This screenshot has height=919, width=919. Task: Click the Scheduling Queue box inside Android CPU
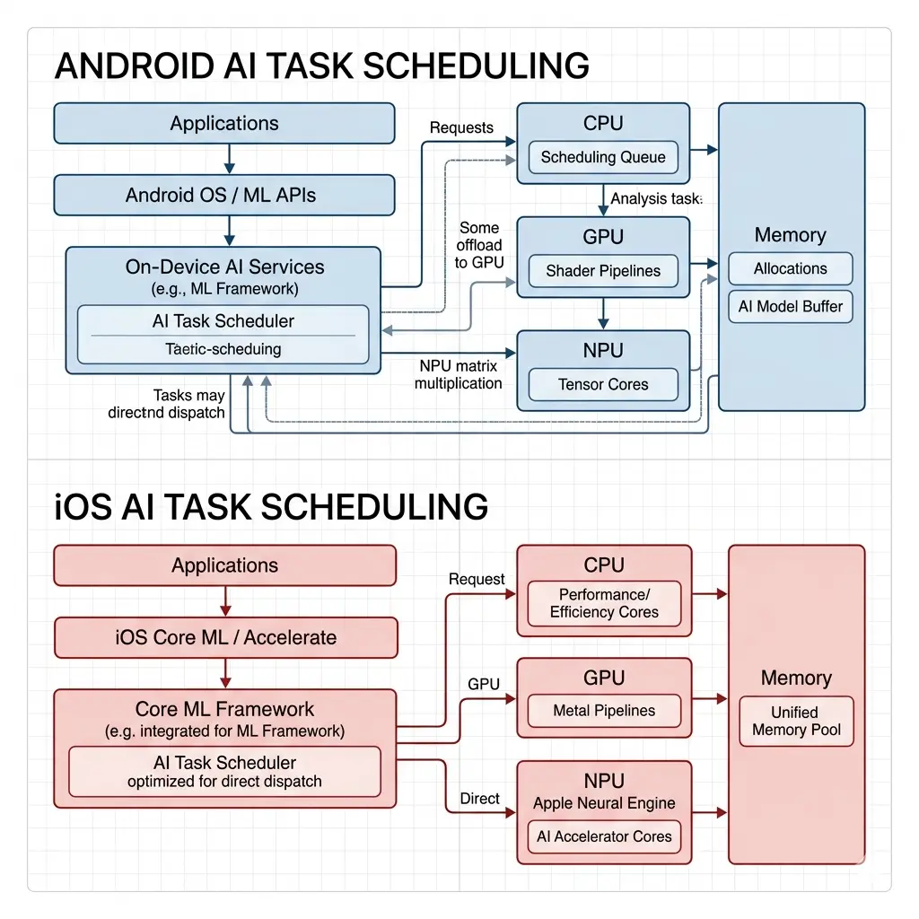(x=603, y=158)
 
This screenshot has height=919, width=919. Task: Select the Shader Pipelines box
(x=603, y=271)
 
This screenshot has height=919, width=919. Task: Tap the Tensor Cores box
(x=603, y=384)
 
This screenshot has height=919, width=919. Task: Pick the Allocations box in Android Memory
(x=790, y=268)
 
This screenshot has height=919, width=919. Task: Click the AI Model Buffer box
(x=790, y=306)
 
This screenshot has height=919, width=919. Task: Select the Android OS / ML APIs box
(x=224, y=195)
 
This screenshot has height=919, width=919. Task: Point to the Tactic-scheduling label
(x=223, y=349)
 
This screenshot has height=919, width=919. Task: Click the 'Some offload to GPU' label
(x=478, y=245)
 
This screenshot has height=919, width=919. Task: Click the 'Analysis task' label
(x=656, y=199)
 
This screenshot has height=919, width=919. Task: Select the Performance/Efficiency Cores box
(x=603, y=603)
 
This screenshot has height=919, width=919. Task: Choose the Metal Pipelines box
(x=603, y=711)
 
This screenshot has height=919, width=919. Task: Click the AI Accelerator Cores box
(x=603, y=836)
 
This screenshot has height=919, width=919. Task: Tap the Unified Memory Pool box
(x=796, y=721)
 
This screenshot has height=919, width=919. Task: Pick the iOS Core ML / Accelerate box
(x=226, y=637)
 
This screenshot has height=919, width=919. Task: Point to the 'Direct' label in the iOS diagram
(x=480, y=799)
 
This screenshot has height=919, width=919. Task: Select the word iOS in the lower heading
(x=83, y=506)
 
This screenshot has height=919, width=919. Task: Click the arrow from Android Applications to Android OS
(x=230, y=159)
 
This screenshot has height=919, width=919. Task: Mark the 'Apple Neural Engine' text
(x=603, y=803)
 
